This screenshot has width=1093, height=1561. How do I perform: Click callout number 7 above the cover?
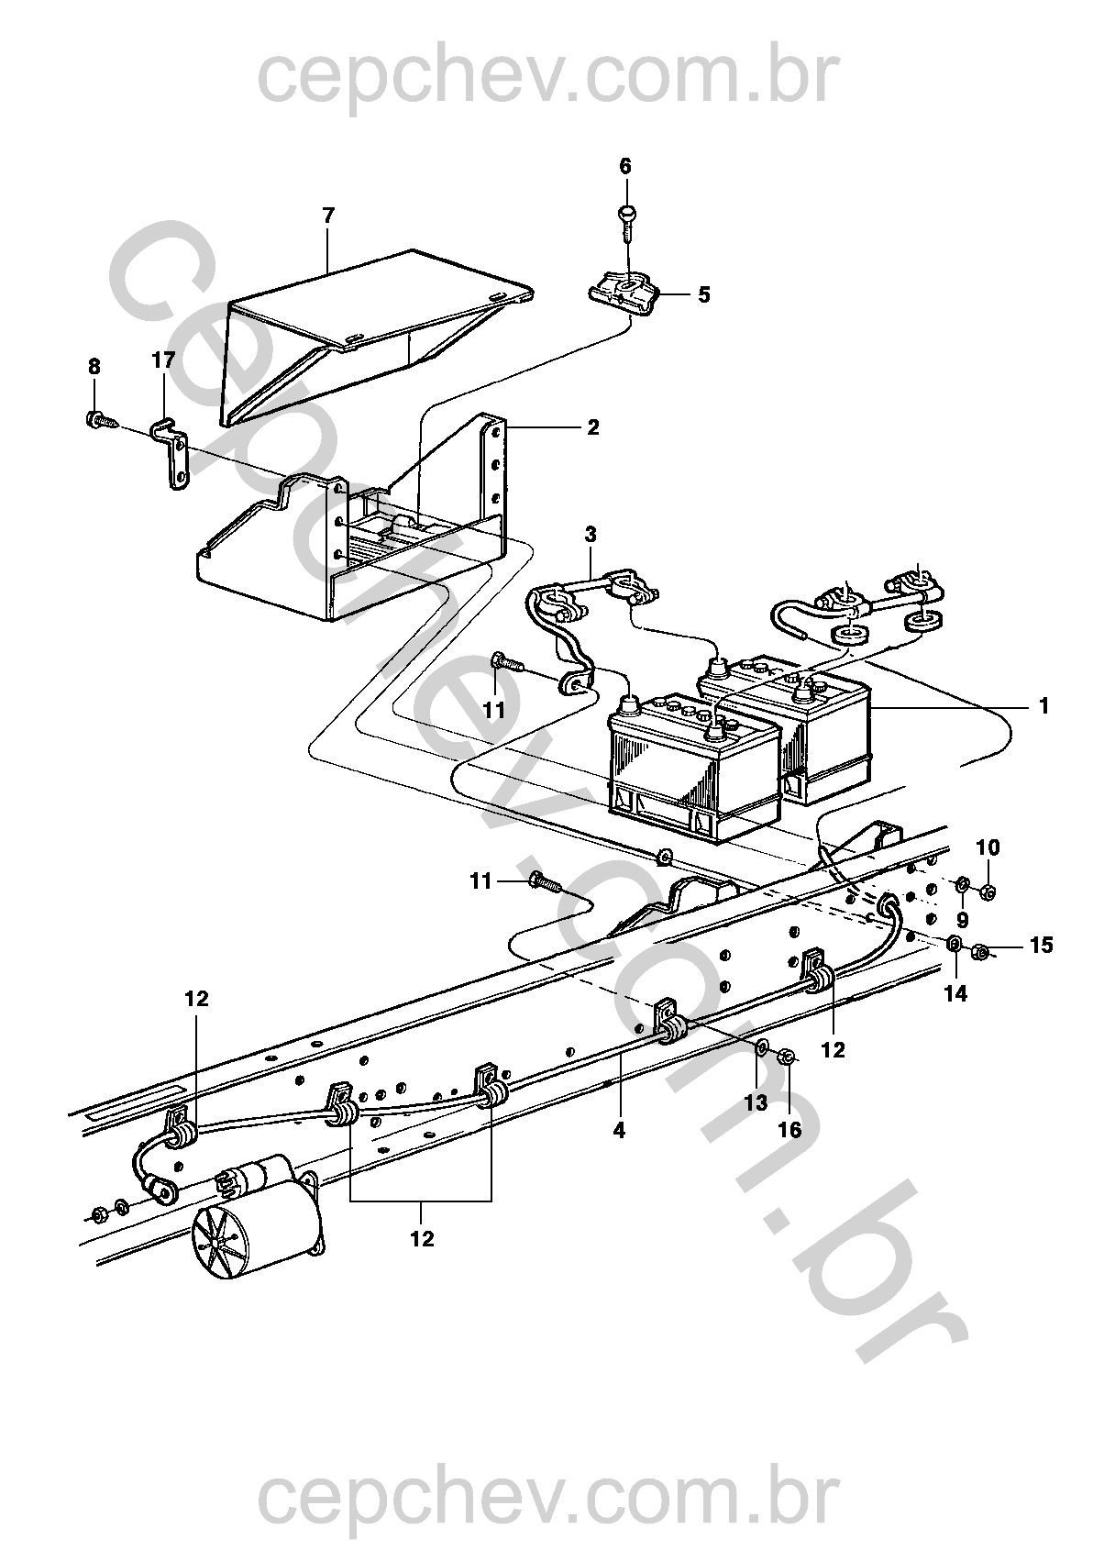click(328, 215)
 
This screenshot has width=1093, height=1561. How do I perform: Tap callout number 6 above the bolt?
click(624, 166)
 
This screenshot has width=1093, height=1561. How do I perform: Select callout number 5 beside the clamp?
click(704, 294)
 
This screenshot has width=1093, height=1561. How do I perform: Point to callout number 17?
click(164, 360)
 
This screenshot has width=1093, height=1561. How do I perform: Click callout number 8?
click(94, 366)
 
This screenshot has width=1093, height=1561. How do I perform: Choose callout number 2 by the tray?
click(593, 427)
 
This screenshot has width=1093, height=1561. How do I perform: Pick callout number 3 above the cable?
click(591, 536)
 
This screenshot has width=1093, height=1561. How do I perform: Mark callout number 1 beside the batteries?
click(1043, 707)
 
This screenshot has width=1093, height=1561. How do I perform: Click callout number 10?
click(988, 847)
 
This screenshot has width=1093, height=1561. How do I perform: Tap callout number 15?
click(1042, 946)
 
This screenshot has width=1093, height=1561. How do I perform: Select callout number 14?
click(955, 994)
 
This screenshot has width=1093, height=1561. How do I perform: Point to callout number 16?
click(790, 1130)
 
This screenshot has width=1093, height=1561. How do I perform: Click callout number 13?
click(756, 1102)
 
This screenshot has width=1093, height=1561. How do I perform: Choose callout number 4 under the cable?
click(619, 1130)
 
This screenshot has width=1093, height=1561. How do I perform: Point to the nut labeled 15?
click(978, 949)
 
